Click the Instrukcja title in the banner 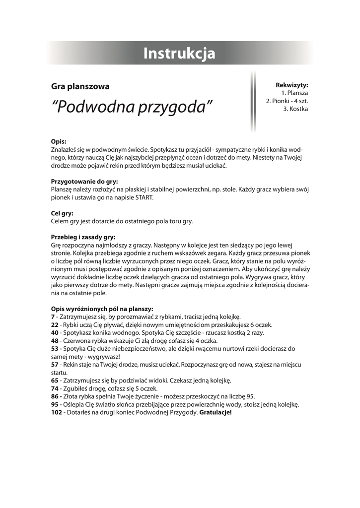pyautogui.click(x=179, y=53)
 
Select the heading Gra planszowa pyautogui.click(x=80, y=86)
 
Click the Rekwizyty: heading pyautogui.click(x=292, y=85)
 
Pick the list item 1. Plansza pyautogui.click(x=294, y=93)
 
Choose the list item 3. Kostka pyautogui.click(x=295, y=109)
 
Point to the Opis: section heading pyautogui.click(x=59, y=141)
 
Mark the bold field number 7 pyautogui.click(x=53, y=317)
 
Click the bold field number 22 pyautogui.click(x=55, y=324)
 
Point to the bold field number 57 pyautogui.click(x=55, y=364)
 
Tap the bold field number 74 pyautogui.click(x=55, y=388)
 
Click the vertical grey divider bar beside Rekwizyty pyautogui.click(x=253, y=101)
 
